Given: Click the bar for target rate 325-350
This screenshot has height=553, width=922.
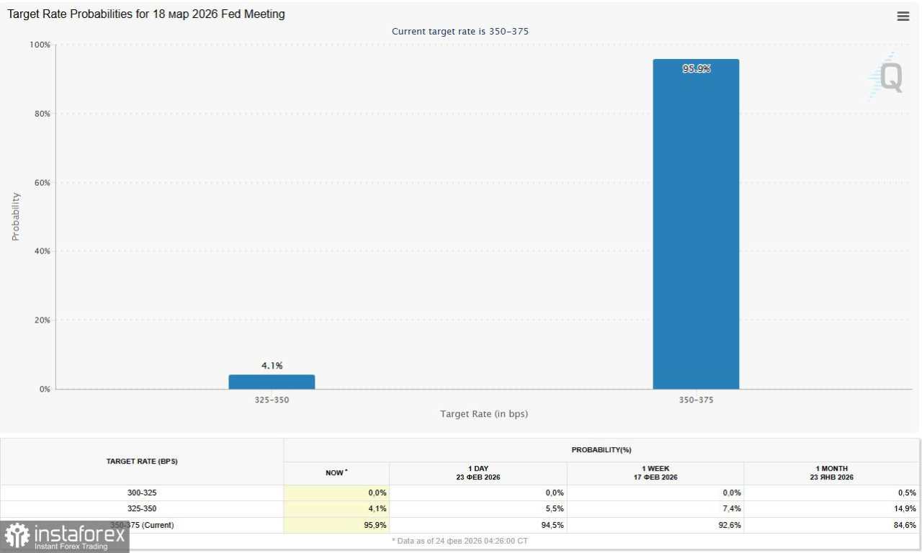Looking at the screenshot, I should click(272, 382).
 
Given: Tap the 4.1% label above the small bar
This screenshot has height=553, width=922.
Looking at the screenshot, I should click(272, 366).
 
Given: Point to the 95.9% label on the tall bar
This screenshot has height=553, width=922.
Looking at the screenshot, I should click(696, 69).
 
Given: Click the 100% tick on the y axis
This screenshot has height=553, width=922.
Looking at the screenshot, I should click(40, 45).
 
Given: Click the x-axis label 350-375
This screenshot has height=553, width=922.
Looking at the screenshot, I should click(696, 400).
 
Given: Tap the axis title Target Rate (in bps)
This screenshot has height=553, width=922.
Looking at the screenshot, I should click(484, 414).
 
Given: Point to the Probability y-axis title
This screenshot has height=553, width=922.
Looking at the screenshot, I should click(16, 216).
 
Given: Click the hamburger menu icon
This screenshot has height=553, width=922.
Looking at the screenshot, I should click(903, 16).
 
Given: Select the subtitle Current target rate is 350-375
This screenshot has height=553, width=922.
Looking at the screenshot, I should click(460, 32).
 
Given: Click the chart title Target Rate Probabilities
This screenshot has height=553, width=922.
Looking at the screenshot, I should click(146, 14).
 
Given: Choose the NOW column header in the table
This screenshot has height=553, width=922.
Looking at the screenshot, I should click(336, 472).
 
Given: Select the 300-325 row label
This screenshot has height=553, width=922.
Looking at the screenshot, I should click(142, 493).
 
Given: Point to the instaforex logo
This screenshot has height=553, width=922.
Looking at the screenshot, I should click(65, 537).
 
